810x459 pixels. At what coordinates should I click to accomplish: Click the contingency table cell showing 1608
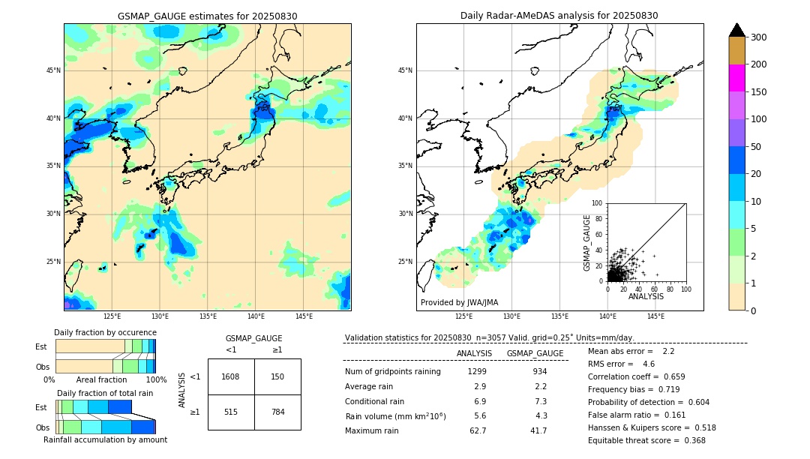[x=230, y=376]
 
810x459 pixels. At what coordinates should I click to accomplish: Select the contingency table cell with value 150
[x=277, y=376]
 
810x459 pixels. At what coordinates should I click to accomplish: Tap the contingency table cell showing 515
[x=230, y=412]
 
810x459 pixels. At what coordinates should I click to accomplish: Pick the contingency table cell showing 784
[x=277, y=412]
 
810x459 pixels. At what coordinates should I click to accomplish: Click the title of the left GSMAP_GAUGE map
[x=207, y=16]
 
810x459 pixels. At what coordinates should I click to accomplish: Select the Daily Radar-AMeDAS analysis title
[x=559, y=16]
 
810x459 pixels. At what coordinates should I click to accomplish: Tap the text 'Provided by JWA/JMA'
[x=459, y=303]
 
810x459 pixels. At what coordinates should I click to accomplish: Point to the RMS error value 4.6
[x=648, y=364]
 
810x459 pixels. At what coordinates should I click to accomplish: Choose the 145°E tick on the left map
[x=304, y=316]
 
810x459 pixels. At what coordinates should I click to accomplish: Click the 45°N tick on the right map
[x=405, y=70]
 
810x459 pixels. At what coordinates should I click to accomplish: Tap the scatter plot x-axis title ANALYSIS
[x=646, y=297]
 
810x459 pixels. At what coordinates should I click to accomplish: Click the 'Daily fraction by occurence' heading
[x=105, y=332]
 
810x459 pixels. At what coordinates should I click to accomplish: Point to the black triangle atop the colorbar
[x=736, y=30]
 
